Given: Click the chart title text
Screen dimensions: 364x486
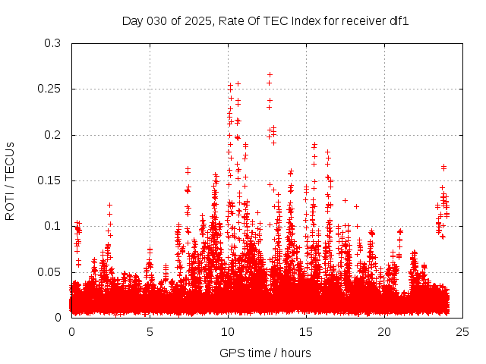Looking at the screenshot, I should (x=265, y=20).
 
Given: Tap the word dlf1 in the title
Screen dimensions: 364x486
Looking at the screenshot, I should (x=399, y=20).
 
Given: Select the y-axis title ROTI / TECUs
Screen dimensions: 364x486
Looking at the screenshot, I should (x=11, y=180).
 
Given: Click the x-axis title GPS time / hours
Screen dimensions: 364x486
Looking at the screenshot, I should (x=265, y=353).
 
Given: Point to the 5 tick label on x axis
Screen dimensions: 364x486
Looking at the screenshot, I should (x=150, y=332).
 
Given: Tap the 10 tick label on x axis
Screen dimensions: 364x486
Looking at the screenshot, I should (x=228, y=332).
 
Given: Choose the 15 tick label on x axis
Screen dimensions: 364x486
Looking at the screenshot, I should (x=306, y=332).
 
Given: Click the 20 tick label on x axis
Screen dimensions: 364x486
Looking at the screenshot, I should (x=384, y=332).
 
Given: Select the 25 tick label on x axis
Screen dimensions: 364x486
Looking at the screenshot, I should (x=462, y=332).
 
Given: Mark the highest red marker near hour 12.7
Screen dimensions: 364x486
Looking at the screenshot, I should (x=270, y=75).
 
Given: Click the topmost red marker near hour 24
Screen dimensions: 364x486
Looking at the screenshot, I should (x=443, y=166).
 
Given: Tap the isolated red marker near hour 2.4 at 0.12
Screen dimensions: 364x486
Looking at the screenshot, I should (x=109, y=205).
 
